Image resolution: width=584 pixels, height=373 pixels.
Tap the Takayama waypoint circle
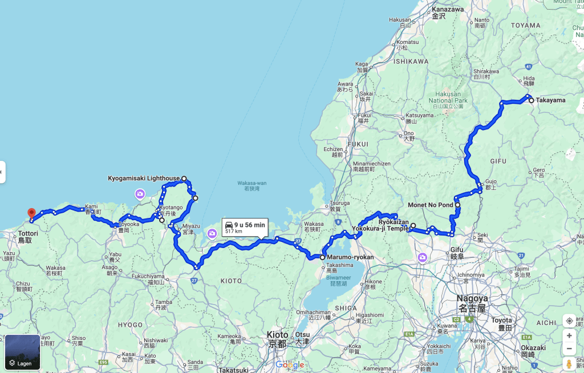click(531, 100)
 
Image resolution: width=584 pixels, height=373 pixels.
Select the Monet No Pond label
click(431, 205)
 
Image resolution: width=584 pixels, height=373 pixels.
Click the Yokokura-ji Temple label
click(380, 229)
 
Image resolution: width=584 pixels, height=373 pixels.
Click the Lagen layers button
click(23, 352)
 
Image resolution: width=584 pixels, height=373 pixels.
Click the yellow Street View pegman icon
click(569, 364)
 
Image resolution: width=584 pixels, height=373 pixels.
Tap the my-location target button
click(569, 321)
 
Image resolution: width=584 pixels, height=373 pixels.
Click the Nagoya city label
click(472, 299)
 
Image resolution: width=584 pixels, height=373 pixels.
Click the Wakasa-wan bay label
click(249, 184)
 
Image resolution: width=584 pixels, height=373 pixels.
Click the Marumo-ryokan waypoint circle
click(322, 257)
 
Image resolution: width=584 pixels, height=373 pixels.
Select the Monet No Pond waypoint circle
click(457, 205)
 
